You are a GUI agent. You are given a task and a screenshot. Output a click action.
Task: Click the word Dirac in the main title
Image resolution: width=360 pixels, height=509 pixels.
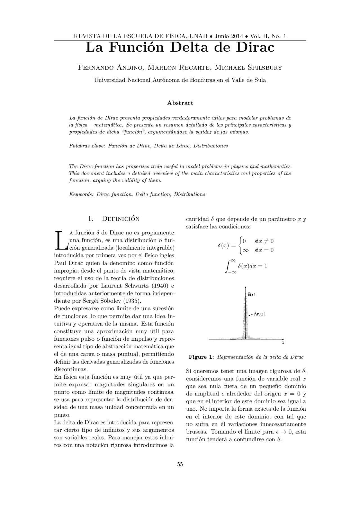point(255,47)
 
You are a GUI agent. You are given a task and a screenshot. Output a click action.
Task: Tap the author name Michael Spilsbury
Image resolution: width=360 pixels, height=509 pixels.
point(248,67)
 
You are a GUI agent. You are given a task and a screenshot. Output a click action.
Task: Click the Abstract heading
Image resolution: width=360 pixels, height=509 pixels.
point(180,103)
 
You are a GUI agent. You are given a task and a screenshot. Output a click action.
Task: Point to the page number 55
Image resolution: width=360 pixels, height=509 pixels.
point(180,464)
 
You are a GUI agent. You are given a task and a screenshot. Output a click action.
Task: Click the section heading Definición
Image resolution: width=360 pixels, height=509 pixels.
point(120,219)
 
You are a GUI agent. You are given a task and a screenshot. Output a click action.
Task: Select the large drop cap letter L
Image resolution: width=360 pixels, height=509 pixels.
point(61,240)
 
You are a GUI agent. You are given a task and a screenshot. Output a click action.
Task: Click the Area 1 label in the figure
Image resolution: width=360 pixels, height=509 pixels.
point(259,314)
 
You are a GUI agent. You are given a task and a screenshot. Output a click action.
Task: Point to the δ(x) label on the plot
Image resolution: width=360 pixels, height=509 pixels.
point(251,295)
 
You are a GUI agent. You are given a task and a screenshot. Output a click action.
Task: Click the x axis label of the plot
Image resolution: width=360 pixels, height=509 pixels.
point(283,343)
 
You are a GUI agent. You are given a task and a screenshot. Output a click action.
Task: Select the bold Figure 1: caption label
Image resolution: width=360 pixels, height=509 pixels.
point(201,357)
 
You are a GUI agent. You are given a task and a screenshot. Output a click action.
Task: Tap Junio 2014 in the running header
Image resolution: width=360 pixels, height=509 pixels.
point(229,36)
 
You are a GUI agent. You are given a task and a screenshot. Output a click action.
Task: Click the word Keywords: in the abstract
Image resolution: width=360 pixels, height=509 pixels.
point(81,194)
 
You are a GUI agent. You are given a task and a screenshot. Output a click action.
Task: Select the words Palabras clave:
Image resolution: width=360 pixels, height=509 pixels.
point(87,146)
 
